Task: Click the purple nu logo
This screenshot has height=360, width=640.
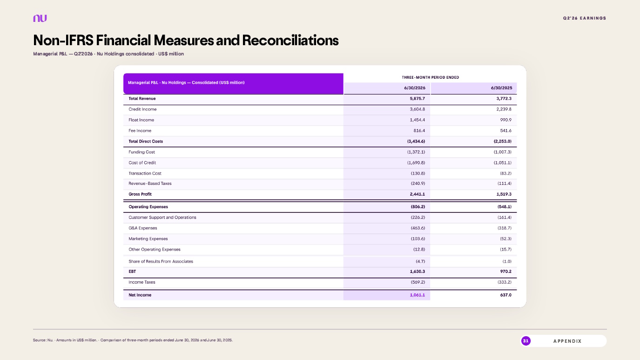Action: coord(40,18)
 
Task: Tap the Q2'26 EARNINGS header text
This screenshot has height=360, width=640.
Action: coord(584,18)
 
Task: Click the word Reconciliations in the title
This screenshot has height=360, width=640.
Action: coord(290,40)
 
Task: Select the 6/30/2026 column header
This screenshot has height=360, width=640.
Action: coord(415,88)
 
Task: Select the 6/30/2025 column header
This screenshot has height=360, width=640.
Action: coord(501,88)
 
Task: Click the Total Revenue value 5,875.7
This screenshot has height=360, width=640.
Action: coord(417,98)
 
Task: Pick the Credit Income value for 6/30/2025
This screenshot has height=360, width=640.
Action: coord(504,109)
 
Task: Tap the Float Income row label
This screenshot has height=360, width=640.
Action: coord(141,120)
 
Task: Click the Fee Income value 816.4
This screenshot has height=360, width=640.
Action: coord(419,131)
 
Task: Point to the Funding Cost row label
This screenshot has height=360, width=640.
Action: coord(141,152)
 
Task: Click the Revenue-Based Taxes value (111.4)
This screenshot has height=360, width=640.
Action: coord(504,183)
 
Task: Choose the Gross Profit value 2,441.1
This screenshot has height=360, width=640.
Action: coord(417,194)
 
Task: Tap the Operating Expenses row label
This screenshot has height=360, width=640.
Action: coord(148,207)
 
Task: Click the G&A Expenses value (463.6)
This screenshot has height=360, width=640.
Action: coord(418,228)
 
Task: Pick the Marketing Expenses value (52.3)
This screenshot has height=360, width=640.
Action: coord(505,239)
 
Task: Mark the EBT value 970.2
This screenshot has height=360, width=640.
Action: coord(505,272)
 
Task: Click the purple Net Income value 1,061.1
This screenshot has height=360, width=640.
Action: coord(417,295)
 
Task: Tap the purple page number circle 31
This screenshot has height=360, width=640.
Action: coord(525,341)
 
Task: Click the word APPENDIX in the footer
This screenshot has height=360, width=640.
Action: coord(567,341)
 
